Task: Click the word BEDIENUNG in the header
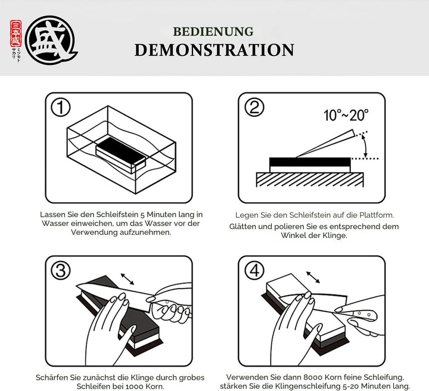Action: tap(213, 32)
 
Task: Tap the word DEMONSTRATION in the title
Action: tap(214, 50)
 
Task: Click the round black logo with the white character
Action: tap(50, 40)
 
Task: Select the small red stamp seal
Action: tap(15, 33)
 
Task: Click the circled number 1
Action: tap(61, 107)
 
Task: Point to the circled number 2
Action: tap(254, 107)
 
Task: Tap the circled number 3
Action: tap(61, 270)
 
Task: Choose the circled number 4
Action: tap(254, 270)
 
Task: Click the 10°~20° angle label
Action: tap(346, 115)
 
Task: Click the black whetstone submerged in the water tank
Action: tap(120, 154)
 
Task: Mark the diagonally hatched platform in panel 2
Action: tap(310, 180)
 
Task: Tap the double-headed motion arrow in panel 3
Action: tap(128, 279)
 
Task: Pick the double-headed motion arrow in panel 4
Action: tap(313, 277)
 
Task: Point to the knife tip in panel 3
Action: tap(77, 286)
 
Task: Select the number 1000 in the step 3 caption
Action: tap(135, 387)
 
